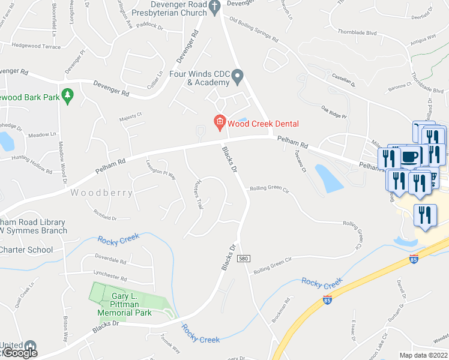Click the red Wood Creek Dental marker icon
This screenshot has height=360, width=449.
[x=220, y=123]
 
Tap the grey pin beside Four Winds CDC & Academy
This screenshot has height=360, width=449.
[x=238, y=78]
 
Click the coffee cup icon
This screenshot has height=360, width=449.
[x=411, y=157]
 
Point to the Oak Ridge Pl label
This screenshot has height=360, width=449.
[x=334, y=112]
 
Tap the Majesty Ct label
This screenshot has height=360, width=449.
[x=130, y=115]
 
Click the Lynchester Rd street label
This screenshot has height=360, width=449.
[x=111, y=278]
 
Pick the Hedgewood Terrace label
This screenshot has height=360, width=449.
[x=37, y=46]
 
